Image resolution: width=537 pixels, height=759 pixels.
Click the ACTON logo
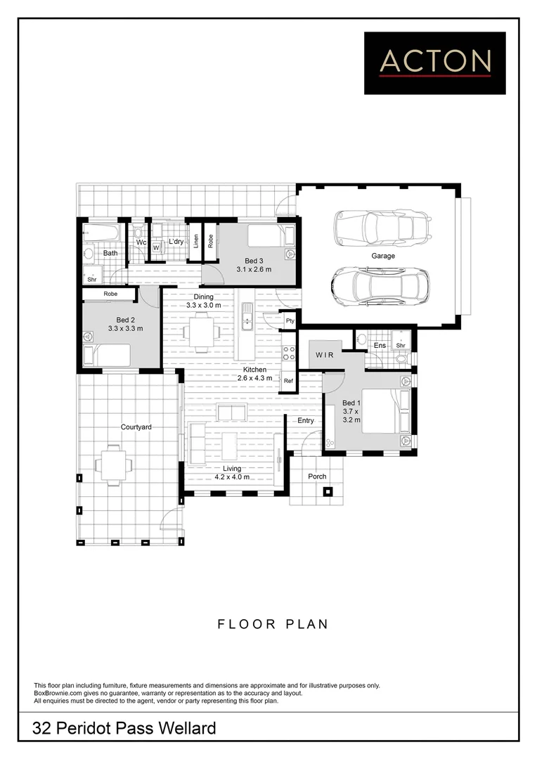(434, 63)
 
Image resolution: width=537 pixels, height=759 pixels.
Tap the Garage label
(383, 256)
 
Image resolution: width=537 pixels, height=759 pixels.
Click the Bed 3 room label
(254, 261)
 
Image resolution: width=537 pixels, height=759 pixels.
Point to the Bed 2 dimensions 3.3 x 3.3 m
(125, 328)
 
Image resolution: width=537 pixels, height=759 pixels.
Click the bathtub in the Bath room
(103, 231)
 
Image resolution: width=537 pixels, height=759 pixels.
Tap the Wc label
(141, 242)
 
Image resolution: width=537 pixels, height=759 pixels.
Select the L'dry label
(176, 242)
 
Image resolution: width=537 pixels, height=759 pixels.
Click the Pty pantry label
(289, 320)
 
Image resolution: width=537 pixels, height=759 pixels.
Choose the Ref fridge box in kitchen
(288, 380)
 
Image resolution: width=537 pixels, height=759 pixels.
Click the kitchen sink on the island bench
(247, 317)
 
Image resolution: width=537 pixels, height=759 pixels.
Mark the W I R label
(325, 356)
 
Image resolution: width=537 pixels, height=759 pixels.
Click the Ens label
(379, 345)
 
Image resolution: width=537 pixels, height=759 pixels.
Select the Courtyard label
(136, 427)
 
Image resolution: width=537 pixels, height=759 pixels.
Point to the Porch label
(317, 476)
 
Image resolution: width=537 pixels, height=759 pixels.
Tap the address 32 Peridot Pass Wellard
(124, 729)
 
